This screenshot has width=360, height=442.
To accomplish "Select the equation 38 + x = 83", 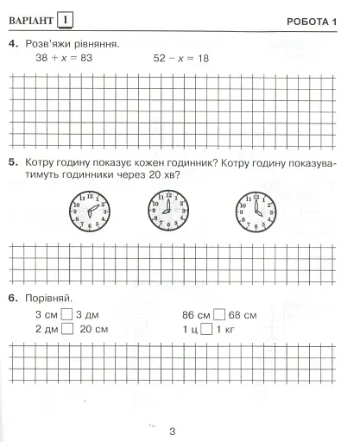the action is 64,58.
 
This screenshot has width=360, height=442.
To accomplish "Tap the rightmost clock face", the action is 255,210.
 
